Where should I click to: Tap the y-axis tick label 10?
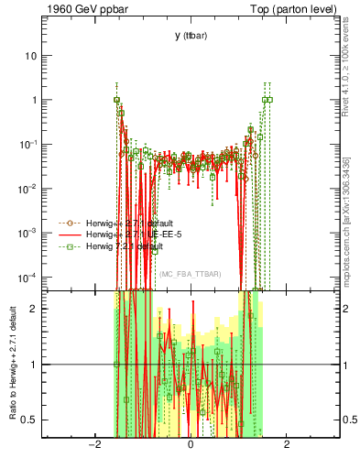[30, 56]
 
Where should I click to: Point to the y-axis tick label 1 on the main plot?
[33, 100]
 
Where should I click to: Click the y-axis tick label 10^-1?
[27, 144]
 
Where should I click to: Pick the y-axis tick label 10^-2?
[27, 189]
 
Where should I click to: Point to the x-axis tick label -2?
[92, 445]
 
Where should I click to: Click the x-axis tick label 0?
[191, 445]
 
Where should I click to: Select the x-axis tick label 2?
[287, 445]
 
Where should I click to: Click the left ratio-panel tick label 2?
[33, 309]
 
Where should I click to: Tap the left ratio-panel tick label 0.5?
[29, 420]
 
